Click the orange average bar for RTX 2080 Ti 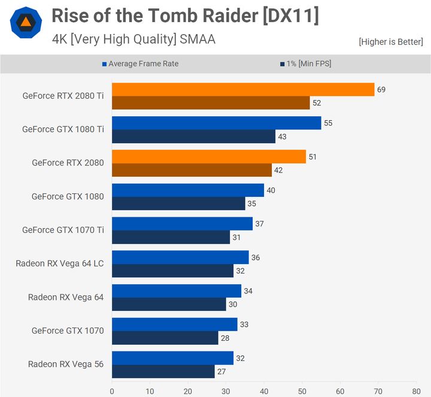(242, 90)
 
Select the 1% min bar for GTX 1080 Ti (193, 137)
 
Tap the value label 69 (381, 90)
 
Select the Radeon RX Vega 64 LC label (60, 263)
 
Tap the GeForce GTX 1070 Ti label (63, 230)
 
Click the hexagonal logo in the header (26, 23)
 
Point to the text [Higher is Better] (390, 42)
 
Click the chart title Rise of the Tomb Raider (185, 16)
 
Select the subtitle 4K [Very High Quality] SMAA (133, 40)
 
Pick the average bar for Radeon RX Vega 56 (172, 358)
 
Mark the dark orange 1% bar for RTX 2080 (192, 170)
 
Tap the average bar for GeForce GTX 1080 (187, 190)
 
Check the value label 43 (282, 137)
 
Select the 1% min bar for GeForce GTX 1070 (165, 338)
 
